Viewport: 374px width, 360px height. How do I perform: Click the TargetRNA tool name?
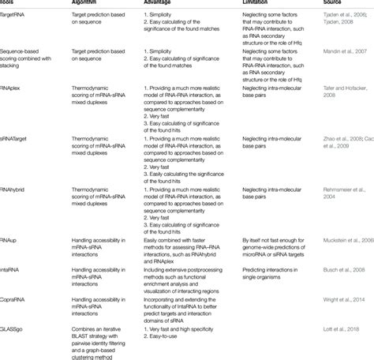click(16, 15)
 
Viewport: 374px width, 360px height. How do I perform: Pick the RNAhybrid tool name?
click(17, 183)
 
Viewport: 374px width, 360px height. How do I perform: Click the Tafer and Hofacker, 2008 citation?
click(343, 91)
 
